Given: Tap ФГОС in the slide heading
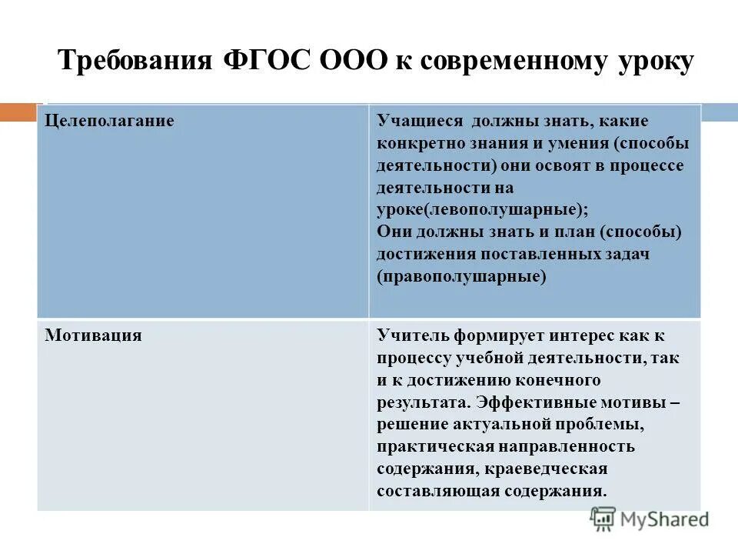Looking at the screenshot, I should [x=266, y=61].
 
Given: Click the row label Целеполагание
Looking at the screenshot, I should [x=108, y=122].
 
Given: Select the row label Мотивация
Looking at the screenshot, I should [x=93, y=335].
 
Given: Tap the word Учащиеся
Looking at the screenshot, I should [x=420, y=122].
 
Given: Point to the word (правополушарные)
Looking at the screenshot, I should [x=461, y=276].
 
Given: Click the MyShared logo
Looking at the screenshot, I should [x=650, y=519].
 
